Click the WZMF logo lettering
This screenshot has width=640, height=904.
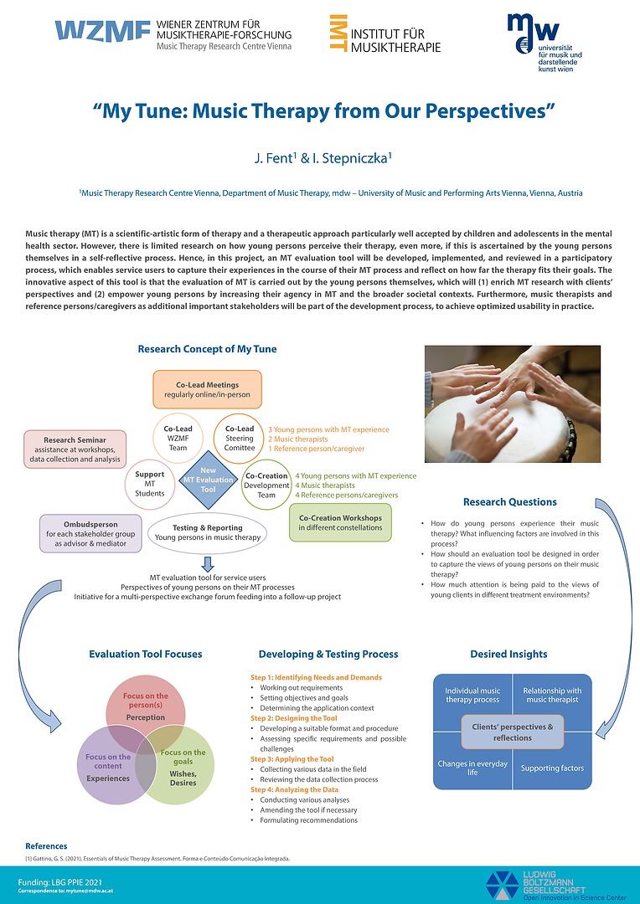click(x=103, y=32)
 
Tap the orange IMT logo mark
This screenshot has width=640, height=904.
click(x=338, y=33)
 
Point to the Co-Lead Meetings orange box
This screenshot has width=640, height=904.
click(x=207, y=389)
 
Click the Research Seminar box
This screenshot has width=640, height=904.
click(x=75, y=448)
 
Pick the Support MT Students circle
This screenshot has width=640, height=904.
click(x=150, y=483)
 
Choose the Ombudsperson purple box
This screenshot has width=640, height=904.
click(x=90, y=532)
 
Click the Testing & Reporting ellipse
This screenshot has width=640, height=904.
click(x=207, y=532)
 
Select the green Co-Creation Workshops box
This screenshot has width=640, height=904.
click(x=340, y=522)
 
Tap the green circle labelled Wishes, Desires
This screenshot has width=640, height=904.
click(x=183, y=766)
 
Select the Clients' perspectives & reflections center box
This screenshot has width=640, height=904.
click(x=513, y=732)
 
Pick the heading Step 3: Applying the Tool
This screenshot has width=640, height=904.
click(x=292, y=758)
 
